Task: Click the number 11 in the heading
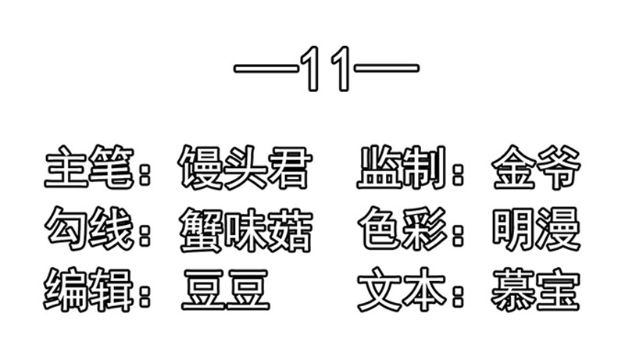[326, 69]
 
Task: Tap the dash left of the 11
[266, 68]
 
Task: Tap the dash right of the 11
[386, 68]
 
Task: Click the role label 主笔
[87, 167]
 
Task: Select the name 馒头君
[245, 167]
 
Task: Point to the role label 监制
[402, 167]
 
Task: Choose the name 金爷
[536, 167]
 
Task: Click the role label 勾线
[88, 229]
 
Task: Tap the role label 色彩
[402, 229]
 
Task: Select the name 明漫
[536, 229]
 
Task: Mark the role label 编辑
[87, 290]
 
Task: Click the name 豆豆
[226, 290]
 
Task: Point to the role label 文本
[402, 290]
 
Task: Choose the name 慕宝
[535, 290]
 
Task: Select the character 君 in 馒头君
[290, 167]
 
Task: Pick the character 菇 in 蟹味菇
[290, 231]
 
